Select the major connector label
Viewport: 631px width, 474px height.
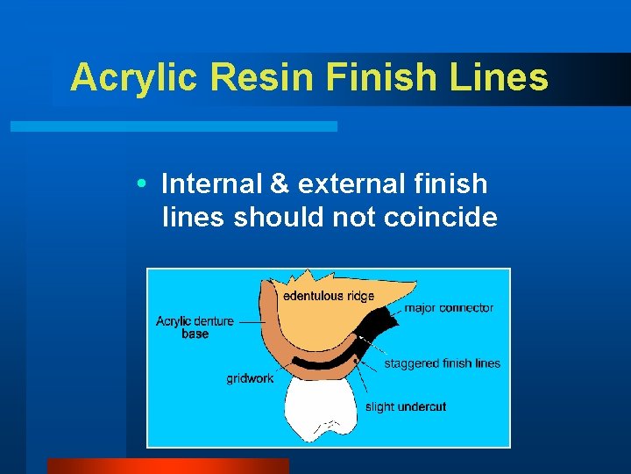pyautogui.click(x=449, y=308)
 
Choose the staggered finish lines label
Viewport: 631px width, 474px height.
pyautogui.click(x=442, y=363)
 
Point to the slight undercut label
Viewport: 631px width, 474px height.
pyautogui.click(x=405, y=406)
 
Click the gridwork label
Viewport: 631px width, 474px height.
pyautogui.click(x=250, y=378)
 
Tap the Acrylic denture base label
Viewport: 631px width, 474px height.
pyautogui.click(x=195, y=327)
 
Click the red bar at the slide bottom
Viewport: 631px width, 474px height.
pyautogui.click(x=167, y=466)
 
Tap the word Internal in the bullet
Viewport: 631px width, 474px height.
pyautogui.click(x=212, y=184)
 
